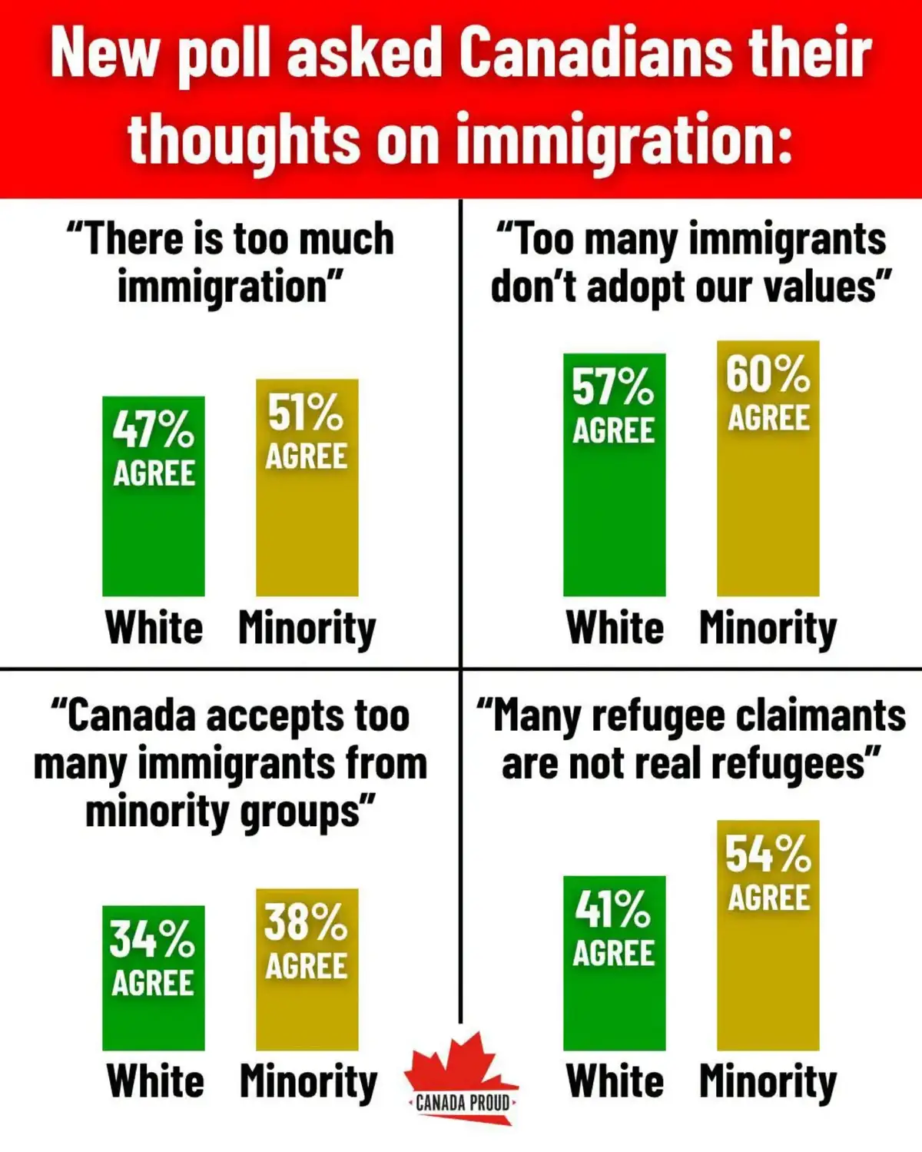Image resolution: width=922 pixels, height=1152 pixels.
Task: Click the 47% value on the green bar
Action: tap(153, 430)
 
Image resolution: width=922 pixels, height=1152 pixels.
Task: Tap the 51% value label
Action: tap(306, 412)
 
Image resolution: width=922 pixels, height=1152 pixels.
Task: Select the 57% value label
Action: tap(613, 387)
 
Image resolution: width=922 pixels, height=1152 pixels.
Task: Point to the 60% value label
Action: tap(768, 374)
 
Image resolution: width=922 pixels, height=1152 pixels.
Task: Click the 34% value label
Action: tap(152, 939)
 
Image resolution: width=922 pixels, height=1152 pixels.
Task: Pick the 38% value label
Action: tap(306, 921)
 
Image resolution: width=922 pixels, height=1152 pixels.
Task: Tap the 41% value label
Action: tap(613, 909)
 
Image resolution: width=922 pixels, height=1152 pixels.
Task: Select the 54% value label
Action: tap(768, 854)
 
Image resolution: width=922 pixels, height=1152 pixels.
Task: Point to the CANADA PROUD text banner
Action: tap(462, 1104)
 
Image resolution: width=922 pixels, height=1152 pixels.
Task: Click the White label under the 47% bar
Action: tap(154, 627)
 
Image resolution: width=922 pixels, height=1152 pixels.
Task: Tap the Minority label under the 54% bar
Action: tap(768, 1082)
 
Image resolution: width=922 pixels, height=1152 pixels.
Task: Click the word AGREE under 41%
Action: tap(613, 953)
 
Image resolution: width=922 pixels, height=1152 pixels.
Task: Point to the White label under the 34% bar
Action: tap(156, 1081)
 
